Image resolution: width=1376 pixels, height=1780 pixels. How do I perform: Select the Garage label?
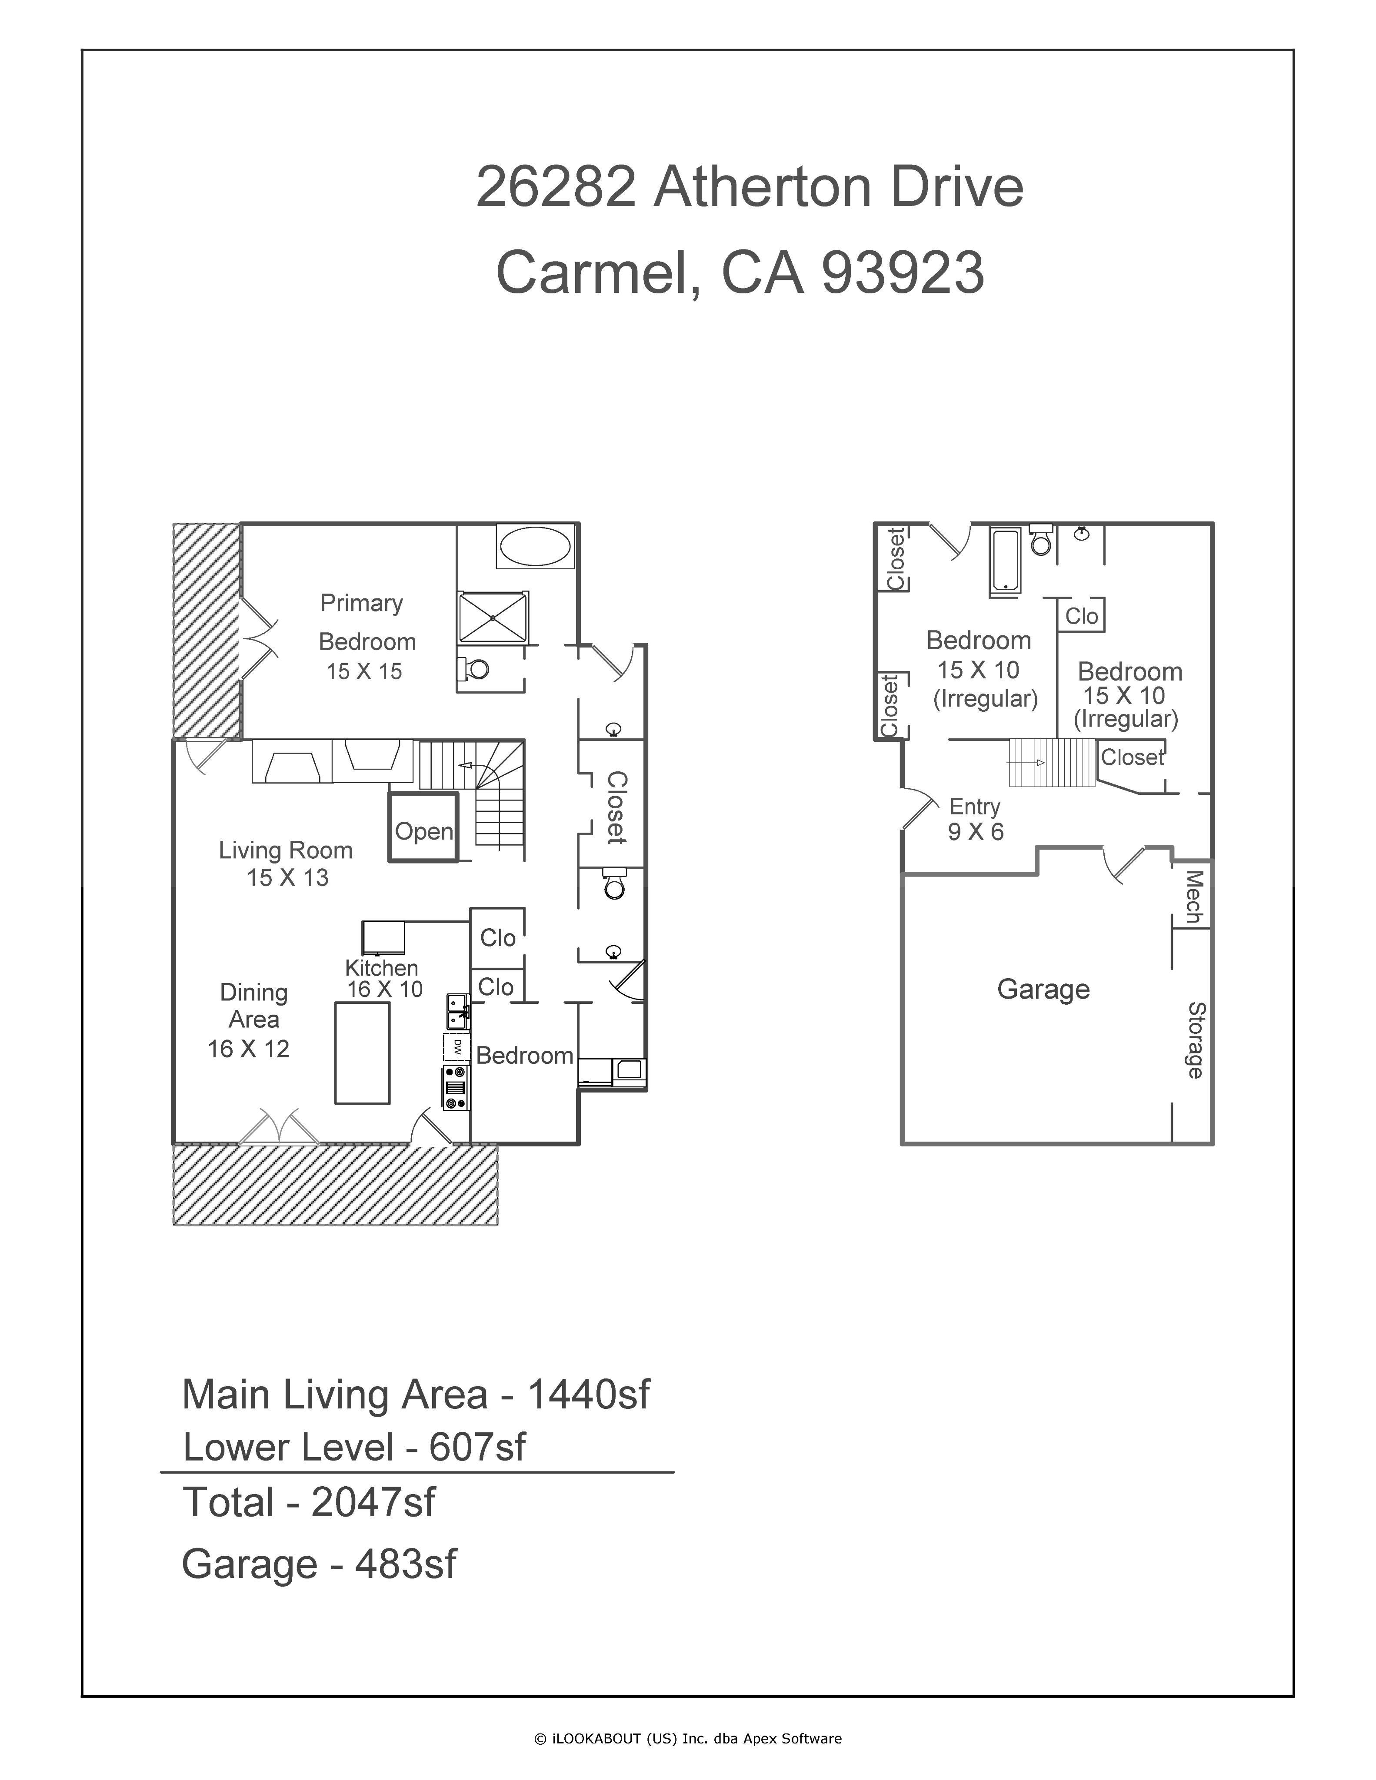[1043, 990]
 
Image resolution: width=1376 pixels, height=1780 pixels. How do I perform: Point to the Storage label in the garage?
[1195, 1040]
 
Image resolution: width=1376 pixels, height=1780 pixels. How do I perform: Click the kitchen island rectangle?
[363, 1053]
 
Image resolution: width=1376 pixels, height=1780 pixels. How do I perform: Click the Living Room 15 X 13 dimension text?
[288, 878]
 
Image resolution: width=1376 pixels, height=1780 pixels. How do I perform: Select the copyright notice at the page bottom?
[687, 1738]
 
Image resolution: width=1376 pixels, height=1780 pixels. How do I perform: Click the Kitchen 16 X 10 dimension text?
[385, 990]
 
